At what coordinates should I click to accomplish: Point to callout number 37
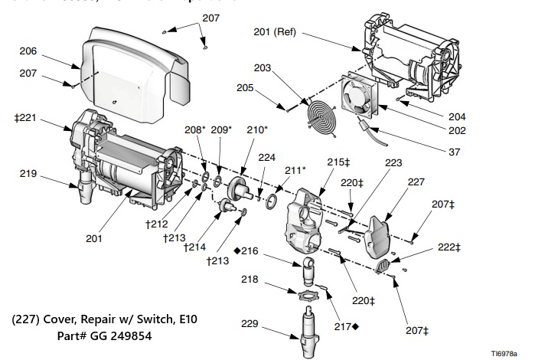coord(455,152)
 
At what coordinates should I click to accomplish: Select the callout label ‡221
coord(26,119)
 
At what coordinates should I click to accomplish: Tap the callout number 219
coord(28,174)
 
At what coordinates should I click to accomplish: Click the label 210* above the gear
coord(257,130)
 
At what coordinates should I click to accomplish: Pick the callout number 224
coord(266,158)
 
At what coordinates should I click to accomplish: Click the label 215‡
coord(338,162)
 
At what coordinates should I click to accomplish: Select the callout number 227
coord(416,182)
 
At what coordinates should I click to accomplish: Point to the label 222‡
coord(449,247)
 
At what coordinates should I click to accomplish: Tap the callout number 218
coord(251,280)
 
